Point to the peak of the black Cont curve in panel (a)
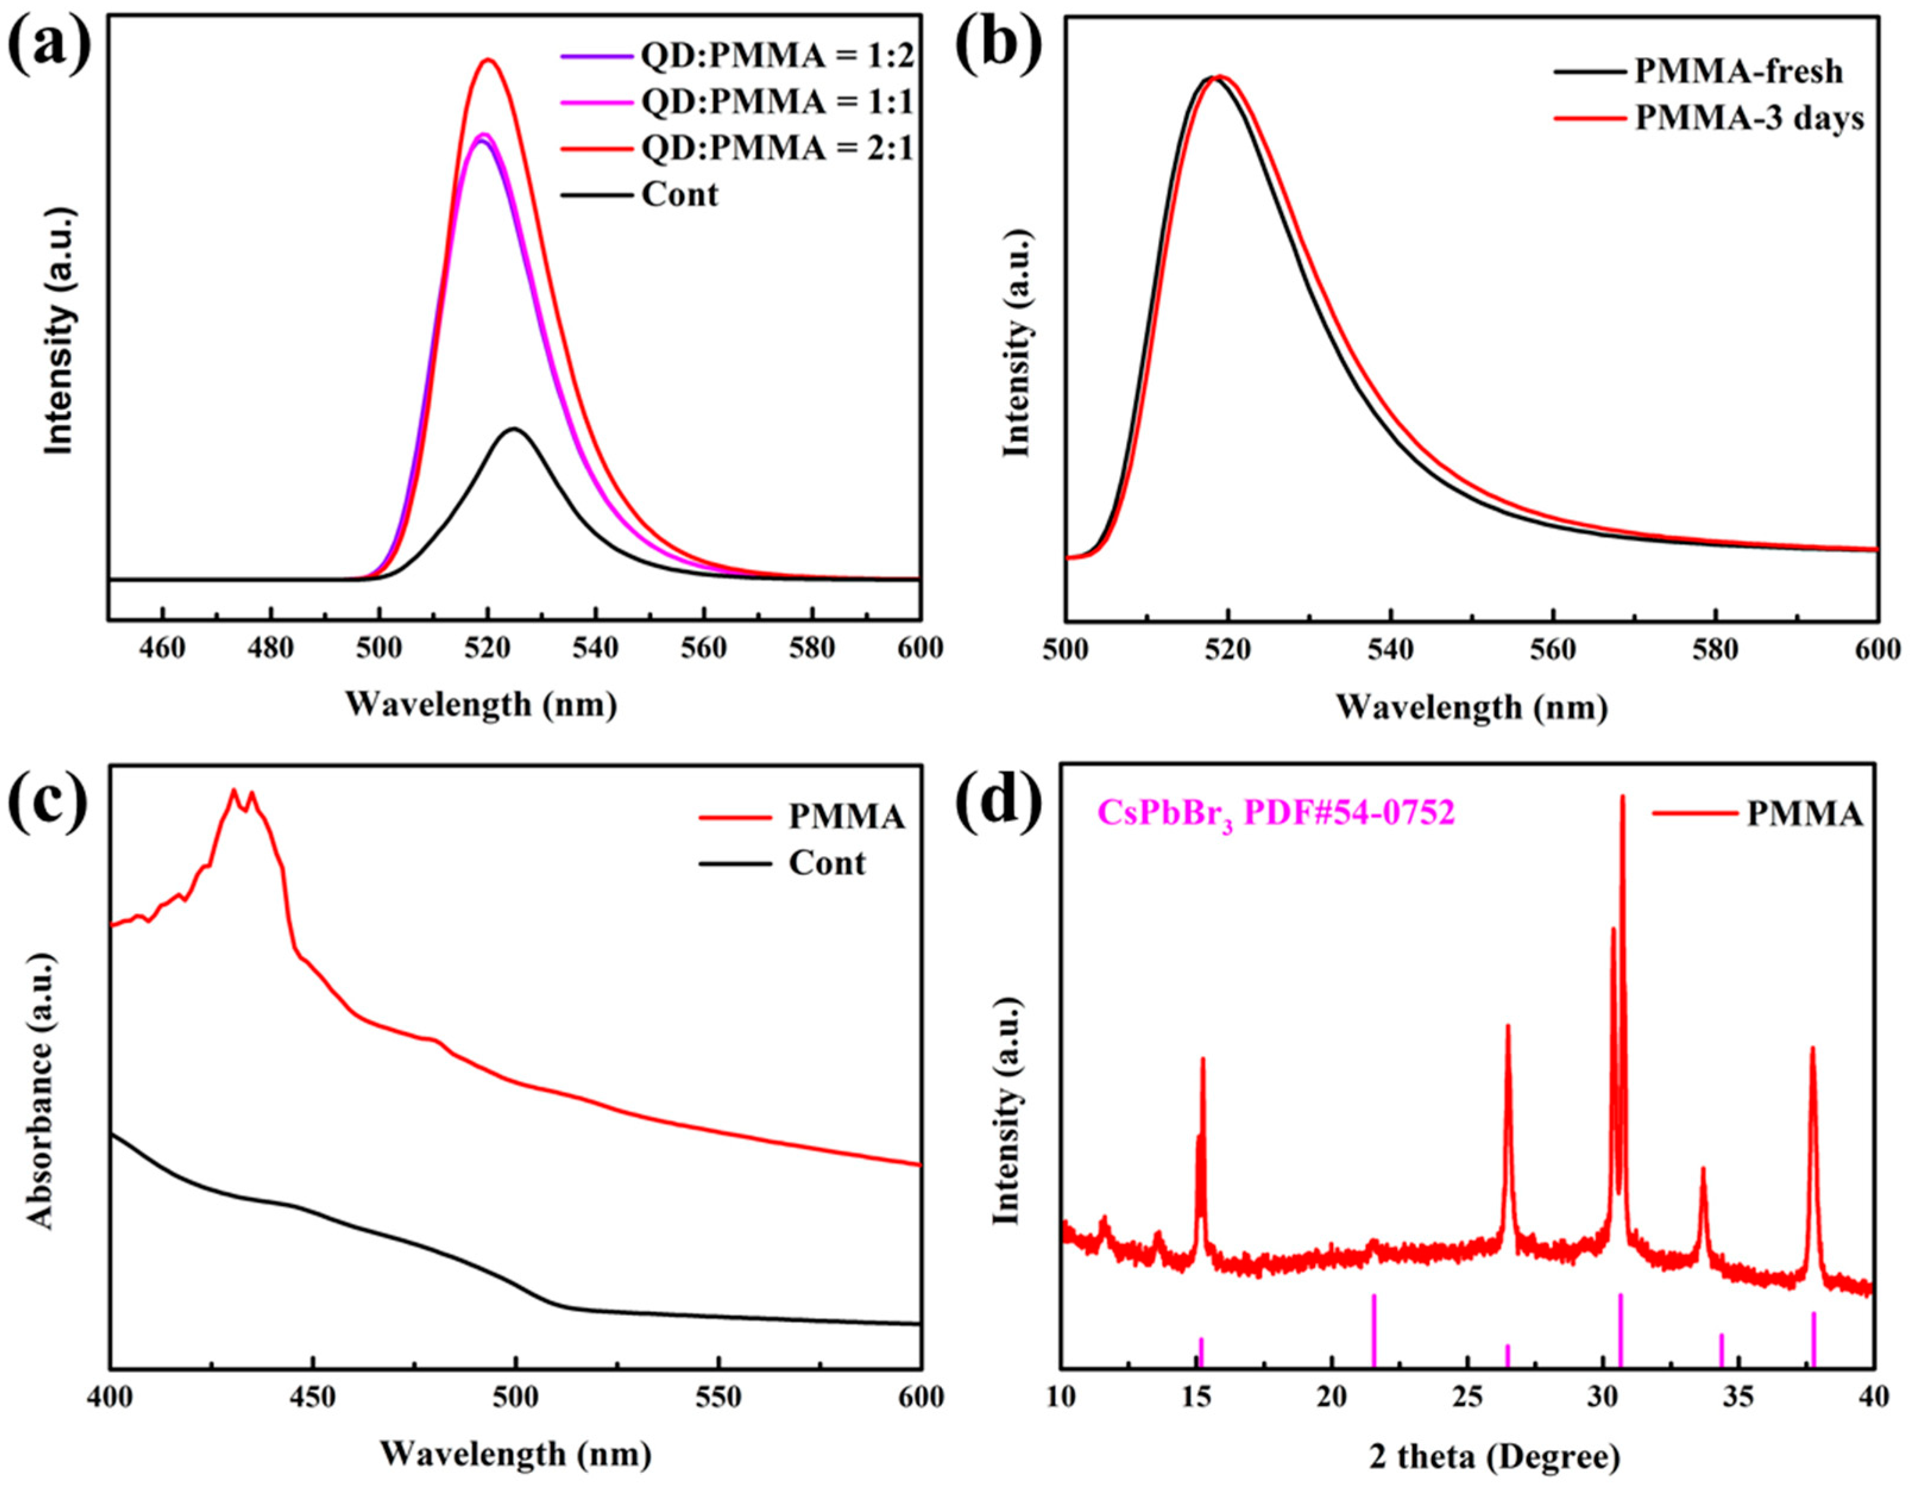pyautogui.click(x=514, y=429)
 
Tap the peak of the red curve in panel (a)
pyautogui.click(x=489, y=59)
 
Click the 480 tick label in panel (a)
pyautogui.click(x=271, y=649)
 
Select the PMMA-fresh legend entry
pyautogui.click(x=1738, y=71)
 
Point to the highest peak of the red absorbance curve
pyautogui.click(x=234, y=790)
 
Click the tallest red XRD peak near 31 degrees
pyautogui.click(x=1622, y=797)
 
